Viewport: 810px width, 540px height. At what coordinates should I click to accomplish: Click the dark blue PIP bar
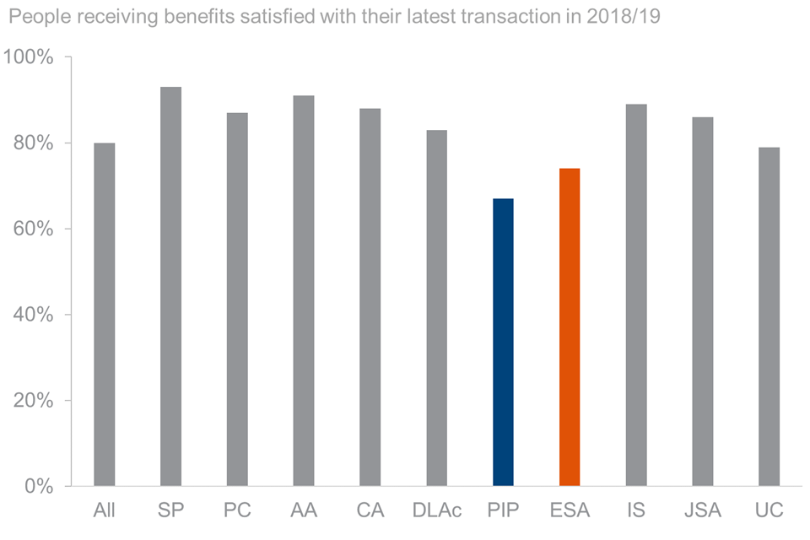[503, 342]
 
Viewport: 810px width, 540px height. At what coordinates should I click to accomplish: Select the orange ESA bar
[570, 327]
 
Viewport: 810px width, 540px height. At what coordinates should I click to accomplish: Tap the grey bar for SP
[170, 287]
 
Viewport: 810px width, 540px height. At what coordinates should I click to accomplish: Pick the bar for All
[105, 314]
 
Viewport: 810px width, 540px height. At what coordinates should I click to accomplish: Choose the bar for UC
[769, 316]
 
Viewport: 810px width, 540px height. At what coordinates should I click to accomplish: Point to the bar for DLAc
[436, 308]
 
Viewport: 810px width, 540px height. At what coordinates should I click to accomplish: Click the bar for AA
[304, 291]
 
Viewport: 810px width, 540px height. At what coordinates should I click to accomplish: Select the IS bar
[636, 295]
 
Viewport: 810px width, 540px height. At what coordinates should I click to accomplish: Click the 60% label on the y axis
[34, 229]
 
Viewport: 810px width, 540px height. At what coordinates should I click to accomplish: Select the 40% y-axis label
[34, 315]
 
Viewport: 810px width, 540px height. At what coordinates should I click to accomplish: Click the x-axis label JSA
[702, 510]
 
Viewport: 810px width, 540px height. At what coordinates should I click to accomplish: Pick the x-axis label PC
[237, 510]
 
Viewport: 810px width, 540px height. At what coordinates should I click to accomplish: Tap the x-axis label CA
[370, 510]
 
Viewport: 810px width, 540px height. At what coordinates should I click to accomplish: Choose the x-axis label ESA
[570, 510]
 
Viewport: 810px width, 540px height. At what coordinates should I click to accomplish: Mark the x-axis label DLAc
[436, 510]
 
